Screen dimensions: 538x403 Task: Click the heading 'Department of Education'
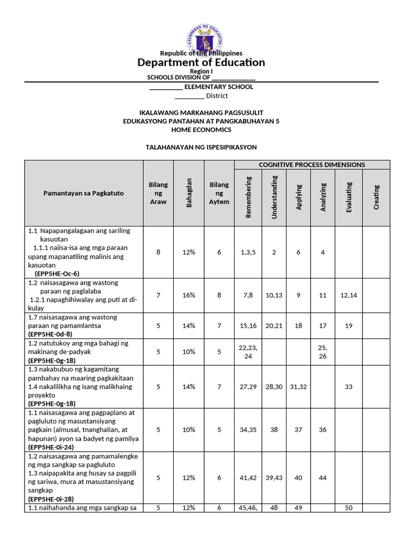click(x=201, y=63)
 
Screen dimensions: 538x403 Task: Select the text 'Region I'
click(x=201, y=71)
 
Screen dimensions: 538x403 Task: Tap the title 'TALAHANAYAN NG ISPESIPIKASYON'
click(x=201, y=147)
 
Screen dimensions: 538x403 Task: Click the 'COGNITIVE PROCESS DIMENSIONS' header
click(x=312, y=164)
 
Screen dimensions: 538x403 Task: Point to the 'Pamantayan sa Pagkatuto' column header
click(x=83, y=193)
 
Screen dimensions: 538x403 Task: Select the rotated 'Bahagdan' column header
click(x=189, y=193)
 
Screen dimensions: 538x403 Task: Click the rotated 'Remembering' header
click(x=249, y=197)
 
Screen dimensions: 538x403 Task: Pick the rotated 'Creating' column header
click(x=376, y=197)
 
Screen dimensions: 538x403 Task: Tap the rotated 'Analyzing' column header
click(x=323, y=197)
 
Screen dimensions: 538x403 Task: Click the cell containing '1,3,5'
click(x=248, y=252)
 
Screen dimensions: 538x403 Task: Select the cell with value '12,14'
click(x=348, y=295)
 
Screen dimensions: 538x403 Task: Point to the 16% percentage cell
click(x=189, y=295)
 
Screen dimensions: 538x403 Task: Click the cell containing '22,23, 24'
click(x=248, y=352)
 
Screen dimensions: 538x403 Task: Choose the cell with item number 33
click(x=348, y=387)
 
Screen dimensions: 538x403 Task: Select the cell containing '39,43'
click(x=274, y=478)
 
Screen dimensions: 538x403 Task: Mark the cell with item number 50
click(x=348, y=508)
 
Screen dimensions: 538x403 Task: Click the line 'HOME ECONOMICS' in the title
click(x=201, y=129)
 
